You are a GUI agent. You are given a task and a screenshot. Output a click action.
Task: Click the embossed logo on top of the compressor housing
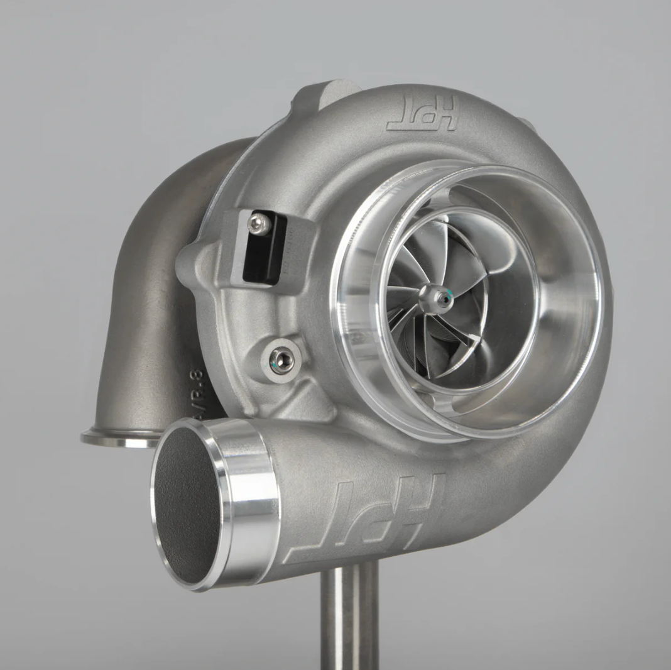[422, 113]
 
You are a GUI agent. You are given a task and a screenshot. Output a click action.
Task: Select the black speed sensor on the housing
[265, 248]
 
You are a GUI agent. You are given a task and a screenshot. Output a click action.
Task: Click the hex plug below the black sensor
[281, 360]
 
